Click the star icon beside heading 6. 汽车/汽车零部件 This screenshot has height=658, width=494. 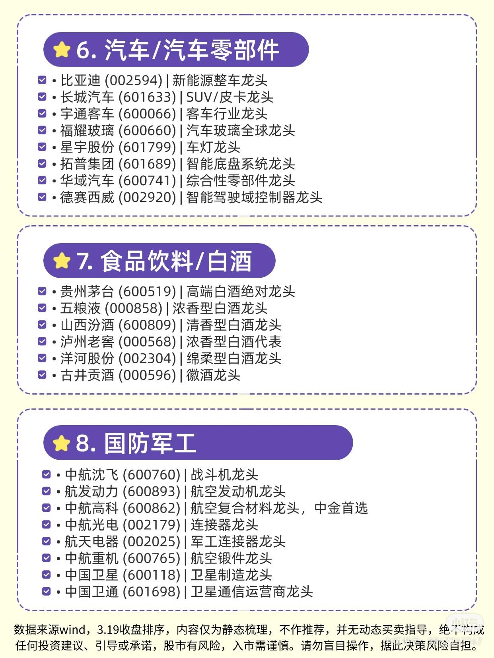point(62,50)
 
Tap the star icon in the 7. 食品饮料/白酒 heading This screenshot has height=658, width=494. point(62,261)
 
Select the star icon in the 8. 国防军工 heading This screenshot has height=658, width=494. point(62,443)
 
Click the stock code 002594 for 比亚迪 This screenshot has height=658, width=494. point(133,81)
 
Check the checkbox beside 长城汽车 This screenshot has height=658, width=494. point(42,97)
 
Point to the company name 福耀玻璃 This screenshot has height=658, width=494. point(87,131)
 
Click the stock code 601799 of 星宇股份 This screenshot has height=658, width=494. point(147,147)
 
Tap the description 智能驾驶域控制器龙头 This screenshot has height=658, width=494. point(254,197)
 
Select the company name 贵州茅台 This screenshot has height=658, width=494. point(87,292)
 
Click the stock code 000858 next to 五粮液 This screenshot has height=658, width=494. point(134,308)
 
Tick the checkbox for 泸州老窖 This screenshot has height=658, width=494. point(42,342)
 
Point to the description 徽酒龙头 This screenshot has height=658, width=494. point(213,375)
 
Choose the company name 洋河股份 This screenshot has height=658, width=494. point(87,358)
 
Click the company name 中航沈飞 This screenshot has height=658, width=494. point(91,475)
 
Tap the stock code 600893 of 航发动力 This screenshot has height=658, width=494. point(152,492)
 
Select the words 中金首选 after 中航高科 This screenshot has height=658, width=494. point(341,508)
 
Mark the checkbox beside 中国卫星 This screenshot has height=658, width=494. point(47,575)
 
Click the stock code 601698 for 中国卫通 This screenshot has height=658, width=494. point(152,592)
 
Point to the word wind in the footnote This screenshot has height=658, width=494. point(73,630)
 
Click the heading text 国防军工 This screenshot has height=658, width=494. point(150,443)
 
